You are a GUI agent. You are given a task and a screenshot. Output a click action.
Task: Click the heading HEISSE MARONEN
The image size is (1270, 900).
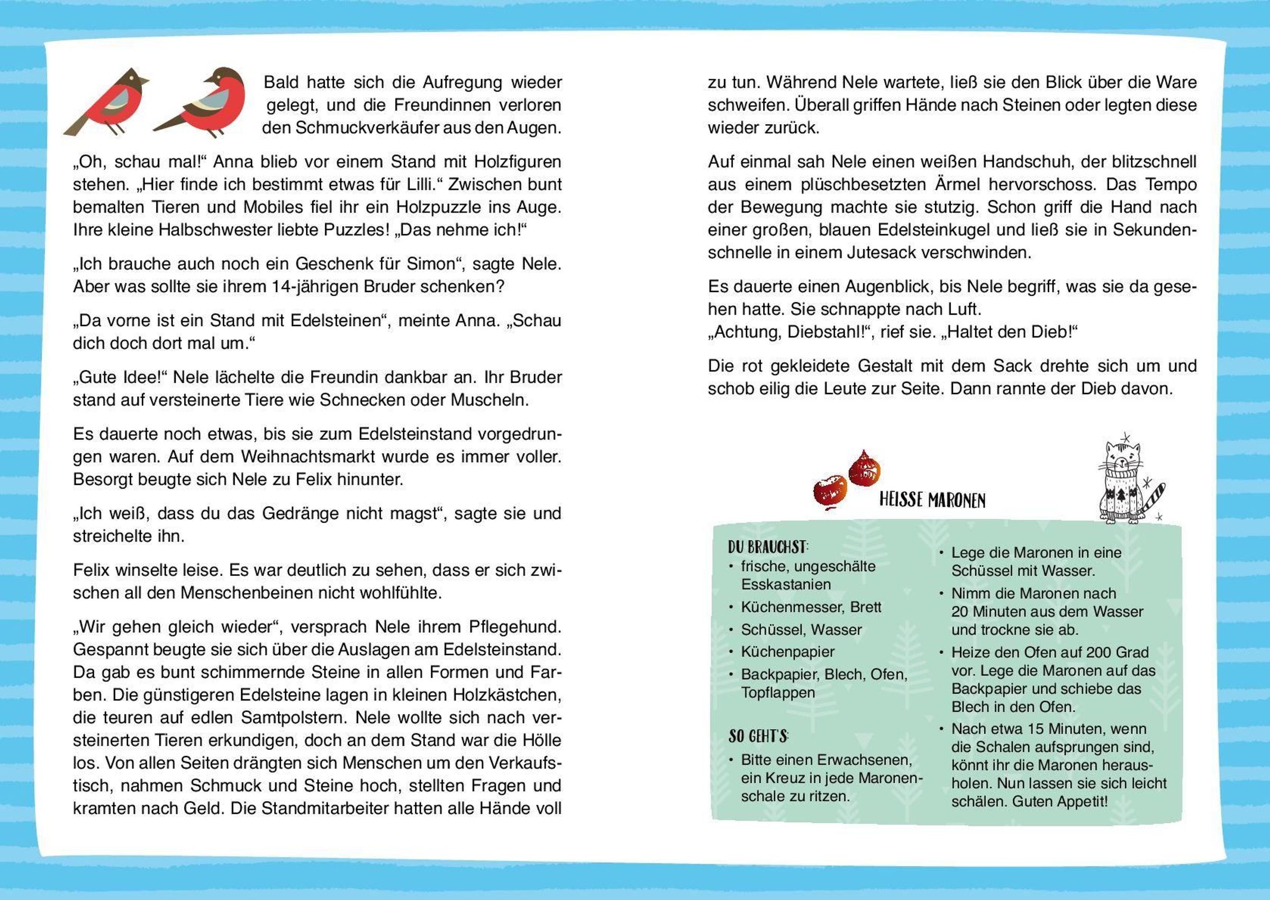click(932, 500)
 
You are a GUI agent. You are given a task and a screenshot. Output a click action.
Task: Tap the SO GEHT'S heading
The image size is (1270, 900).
click(758, 736)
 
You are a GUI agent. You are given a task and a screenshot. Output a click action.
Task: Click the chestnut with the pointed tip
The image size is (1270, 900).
click(865, 470)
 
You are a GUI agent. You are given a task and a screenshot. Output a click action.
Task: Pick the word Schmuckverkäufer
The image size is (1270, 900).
click(362, 128)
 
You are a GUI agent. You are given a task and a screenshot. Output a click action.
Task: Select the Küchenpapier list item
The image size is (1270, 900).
click(787, 651)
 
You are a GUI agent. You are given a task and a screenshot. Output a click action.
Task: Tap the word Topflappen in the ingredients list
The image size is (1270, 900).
click(778, 693)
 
